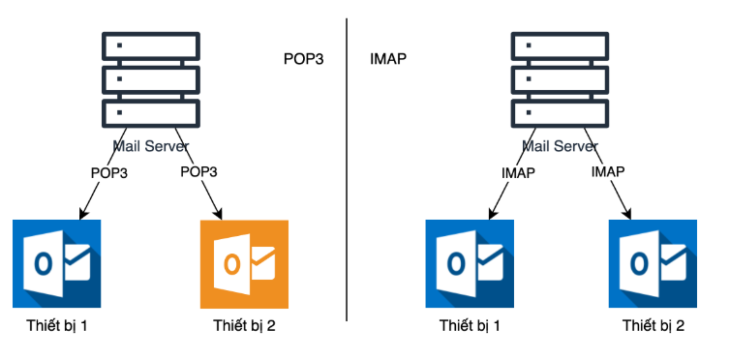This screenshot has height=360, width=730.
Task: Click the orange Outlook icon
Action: tap(244, 264)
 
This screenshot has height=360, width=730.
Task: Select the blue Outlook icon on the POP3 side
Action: tap(57, 263)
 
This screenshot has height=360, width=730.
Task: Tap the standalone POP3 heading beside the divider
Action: tap(304, 60)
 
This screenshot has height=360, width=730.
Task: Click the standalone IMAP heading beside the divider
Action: tap(388, 59)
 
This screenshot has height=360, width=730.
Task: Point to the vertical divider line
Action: tap(347, 169)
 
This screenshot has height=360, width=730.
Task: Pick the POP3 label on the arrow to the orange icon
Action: tap(198, 171)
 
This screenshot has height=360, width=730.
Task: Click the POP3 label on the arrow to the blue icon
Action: tap(109, 173)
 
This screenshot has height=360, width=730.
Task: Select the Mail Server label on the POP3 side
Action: tap(151, 146)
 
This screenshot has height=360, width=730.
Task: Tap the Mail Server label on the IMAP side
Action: tap(560, 146)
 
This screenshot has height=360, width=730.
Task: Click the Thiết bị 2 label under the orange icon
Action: tap(244, 325)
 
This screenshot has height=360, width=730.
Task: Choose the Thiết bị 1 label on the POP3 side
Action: tap(57, 325)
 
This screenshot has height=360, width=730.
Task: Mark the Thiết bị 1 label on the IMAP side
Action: tap(470, 325)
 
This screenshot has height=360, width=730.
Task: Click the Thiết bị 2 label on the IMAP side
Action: tap(654, 325)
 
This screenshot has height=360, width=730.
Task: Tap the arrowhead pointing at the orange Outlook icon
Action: tap(217, 214)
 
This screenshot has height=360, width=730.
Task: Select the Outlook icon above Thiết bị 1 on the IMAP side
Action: tap(470, 263)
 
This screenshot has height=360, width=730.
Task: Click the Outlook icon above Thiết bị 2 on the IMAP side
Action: tap(653, 263)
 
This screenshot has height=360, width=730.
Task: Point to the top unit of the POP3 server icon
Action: tap(151, 45)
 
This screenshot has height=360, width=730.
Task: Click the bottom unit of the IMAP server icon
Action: tap(560, 113)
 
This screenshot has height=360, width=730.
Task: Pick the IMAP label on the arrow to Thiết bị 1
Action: tap(518, 173)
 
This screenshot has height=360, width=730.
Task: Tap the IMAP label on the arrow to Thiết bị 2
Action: tap(608, 171)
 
